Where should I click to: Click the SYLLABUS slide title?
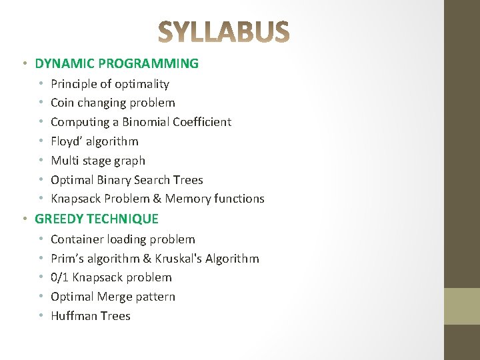tap(224, 31)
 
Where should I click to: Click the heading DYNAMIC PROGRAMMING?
tap(117, 64)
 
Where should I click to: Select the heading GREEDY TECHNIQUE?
tap(97, 219)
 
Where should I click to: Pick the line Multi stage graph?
tap(98, 161)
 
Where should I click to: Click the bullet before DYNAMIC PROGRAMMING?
tap(24, 64)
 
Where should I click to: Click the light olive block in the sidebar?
tap(462, 305)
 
